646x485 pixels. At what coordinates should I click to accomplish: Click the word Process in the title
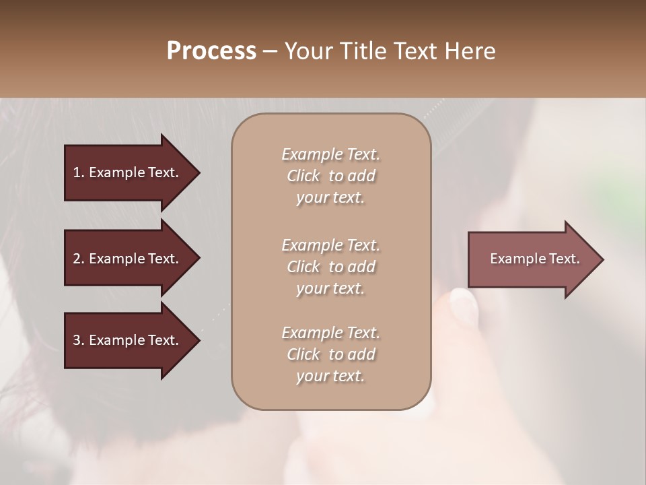pos(211,51)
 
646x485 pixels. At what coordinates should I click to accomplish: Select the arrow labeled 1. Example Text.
pos(128,172)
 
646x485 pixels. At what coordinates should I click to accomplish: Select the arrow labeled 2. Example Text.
pos(128,259)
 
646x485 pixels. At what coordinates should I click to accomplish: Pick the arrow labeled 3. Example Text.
pos(128,340)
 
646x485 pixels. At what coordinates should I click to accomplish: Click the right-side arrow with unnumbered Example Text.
pos(532,259)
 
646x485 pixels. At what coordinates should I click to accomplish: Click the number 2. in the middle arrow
pos(79,259)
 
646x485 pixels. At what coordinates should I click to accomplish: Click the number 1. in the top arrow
pos(79,172)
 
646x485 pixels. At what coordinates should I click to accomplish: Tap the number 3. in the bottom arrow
pos(79,340)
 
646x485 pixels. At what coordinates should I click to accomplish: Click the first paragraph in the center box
pos(330,176)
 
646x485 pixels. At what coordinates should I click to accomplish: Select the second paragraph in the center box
pos(330,266)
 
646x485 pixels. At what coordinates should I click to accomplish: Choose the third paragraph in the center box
pos(330,354)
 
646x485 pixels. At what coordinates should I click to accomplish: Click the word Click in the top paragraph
pos(303,176)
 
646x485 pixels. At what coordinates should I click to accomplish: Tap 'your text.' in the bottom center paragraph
pos(330,377)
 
